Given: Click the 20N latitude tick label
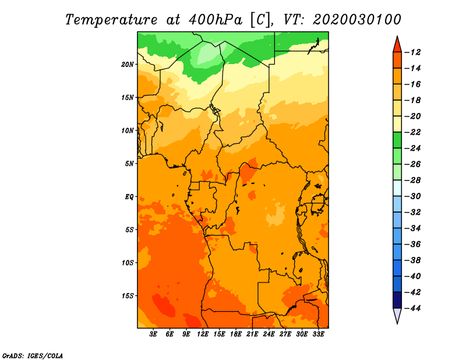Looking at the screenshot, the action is click(128, 65).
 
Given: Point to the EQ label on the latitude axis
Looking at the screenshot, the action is click(129, 197).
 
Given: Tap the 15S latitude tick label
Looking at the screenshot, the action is click(128, 296).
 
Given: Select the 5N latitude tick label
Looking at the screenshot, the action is click(129, 164).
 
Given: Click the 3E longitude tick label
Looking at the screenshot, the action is click(153, 334).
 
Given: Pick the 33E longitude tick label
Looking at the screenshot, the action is click(318, 334).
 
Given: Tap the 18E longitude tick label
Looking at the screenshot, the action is click(236, 334).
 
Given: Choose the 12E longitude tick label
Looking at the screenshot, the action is click(203, 334).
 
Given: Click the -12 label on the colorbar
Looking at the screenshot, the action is click(412, 52).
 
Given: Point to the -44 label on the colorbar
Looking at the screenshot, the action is click(412, 308).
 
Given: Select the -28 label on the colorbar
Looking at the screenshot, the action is click(412, 180).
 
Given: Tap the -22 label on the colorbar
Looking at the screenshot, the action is click(412, 132).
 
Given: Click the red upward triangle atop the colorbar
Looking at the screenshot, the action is click(397, 45).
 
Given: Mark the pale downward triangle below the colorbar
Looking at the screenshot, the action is click(397, 315).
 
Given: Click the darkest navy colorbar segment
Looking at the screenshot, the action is click(397, 300).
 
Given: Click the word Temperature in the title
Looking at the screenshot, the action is click(111, 20).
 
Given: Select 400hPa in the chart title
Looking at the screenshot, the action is click(215, 20).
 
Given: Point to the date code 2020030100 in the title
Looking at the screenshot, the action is click(357, 20).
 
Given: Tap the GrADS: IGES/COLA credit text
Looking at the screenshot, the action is click(33, 356).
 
